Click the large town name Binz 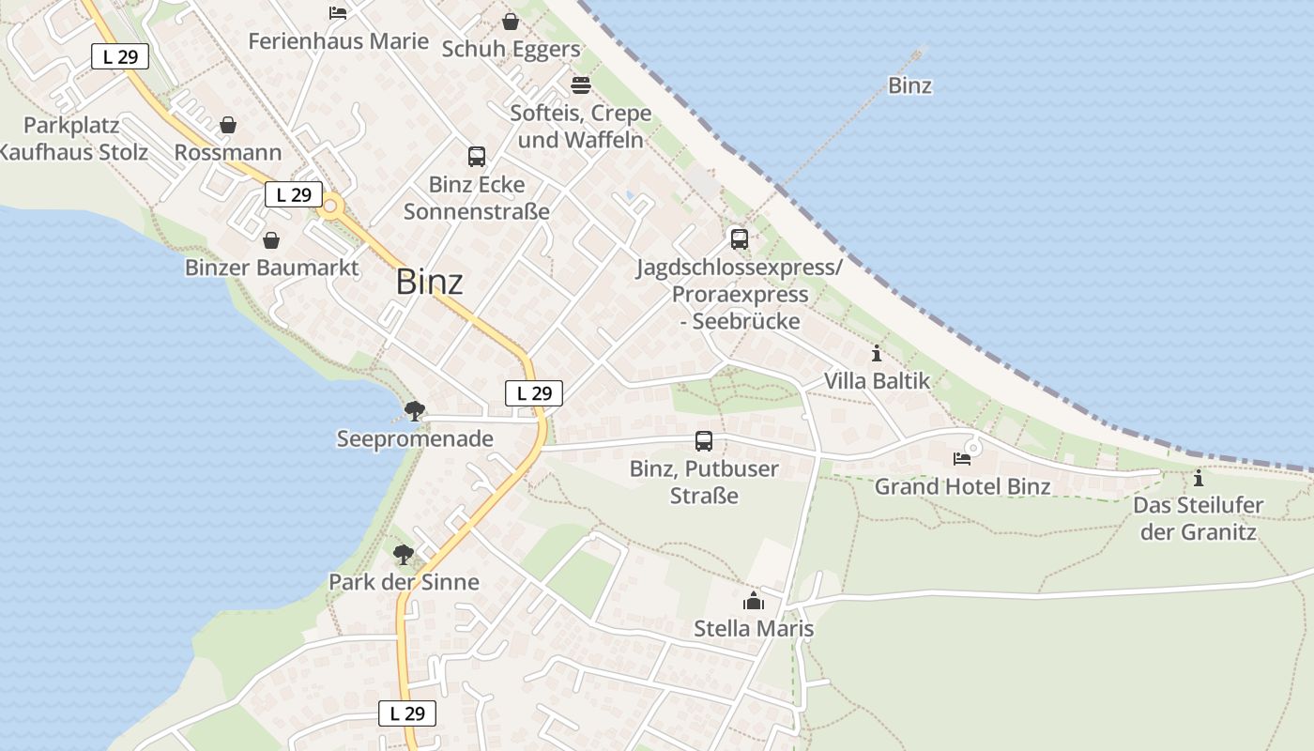(x=430, y=282)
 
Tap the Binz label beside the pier (x=909, y=85)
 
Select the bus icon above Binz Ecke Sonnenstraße (x=477, y=157)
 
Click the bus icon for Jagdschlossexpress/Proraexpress (x=740, y=238)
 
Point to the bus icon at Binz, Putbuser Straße (x=704, y=440)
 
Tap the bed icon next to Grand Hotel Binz (x=962, y=459)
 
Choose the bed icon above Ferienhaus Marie (x=338, y=13)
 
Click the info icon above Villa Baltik (x=877, y=354)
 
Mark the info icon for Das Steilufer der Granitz (x=1199, y=479)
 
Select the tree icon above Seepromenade (x=414, y=410)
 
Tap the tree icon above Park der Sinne (x=404, y=554)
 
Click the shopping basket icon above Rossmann (x=228, y=125)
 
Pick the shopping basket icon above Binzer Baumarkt (x=271, y=240)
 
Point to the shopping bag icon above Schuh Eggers (x=511, y=22)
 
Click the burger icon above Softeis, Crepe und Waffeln (x=580, y=85)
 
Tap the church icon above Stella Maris (x=754, y=602)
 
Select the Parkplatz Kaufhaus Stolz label (x=73, y=138)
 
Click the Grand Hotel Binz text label (x=962, y=486)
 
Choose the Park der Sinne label (x=404, y=582)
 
